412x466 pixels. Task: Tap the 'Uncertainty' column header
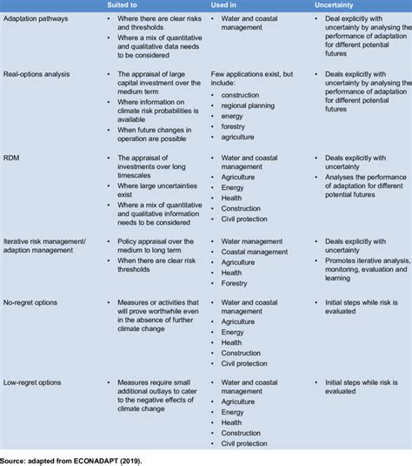(334, 5)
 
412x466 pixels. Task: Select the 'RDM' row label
(12, 158)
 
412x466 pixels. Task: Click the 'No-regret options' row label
(30, 301)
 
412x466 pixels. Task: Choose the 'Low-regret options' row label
(33, 381)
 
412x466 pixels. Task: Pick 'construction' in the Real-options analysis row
(241, 94)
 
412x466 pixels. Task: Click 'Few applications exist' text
(249, 76)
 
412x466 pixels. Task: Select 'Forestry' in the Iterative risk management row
(236, 283)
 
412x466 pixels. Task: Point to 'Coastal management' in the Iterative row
(255, 251)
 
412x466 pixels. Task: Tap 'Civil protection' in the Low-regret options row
(245, 443)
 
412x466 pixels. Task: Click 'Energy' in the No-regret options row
(233, 332)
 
